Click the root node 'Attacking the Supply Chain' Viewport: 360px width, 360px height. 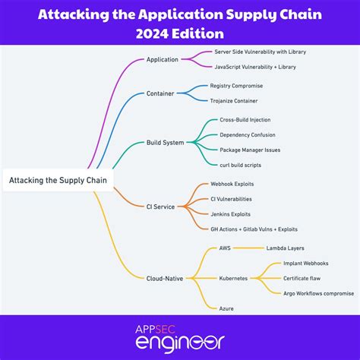pos(58,180)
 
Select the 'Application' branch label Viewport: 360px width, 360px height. pos(162,59)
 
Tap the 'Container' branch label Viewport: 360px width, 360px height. pos(159,93)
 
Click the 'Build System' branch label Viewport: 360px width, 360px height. pos(165,142)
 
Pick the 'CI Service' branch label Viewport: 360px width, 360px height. pos(160,206)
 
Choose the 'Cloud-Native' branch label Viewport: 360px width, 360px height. pos(165,278)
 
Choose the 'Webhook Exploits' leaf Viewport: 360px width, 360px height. pos(232,184)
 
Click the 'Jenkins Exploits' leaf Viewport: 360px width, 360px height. pos(231,213)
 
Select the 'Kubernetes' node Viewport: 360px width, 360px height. pos(233,278)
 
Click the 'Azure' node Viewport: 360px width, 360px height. pos(226,308)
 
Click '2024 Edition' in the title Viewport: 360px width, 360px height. pos(180,33)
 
